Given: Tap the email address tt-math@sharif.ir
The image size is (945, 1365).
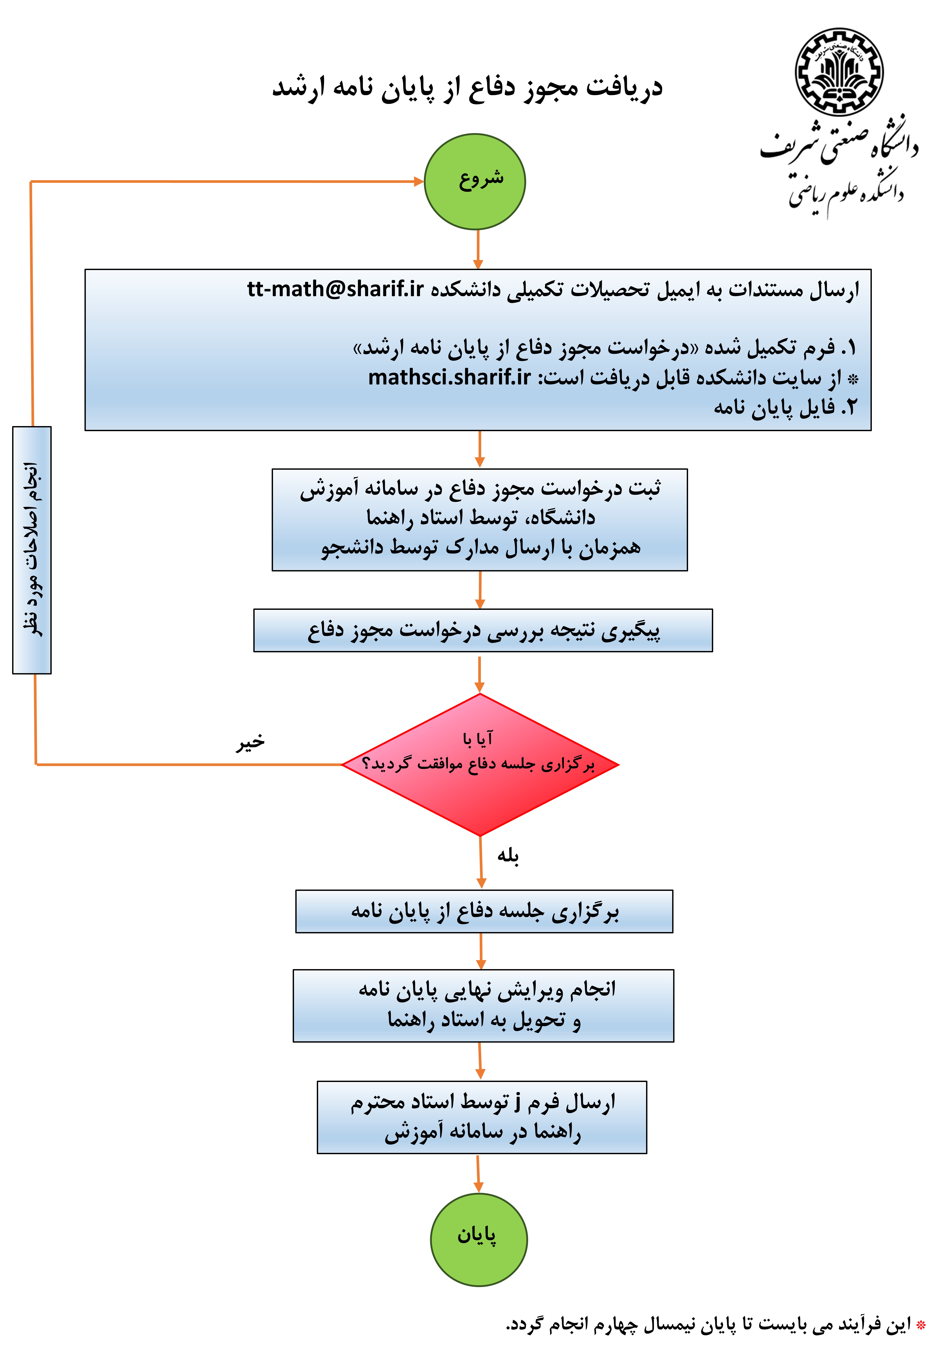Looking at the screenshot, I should pos(335,289).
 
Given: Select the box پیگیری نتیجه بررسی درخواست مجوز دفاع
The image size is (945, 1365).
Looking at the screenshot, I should pos(483,630).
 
